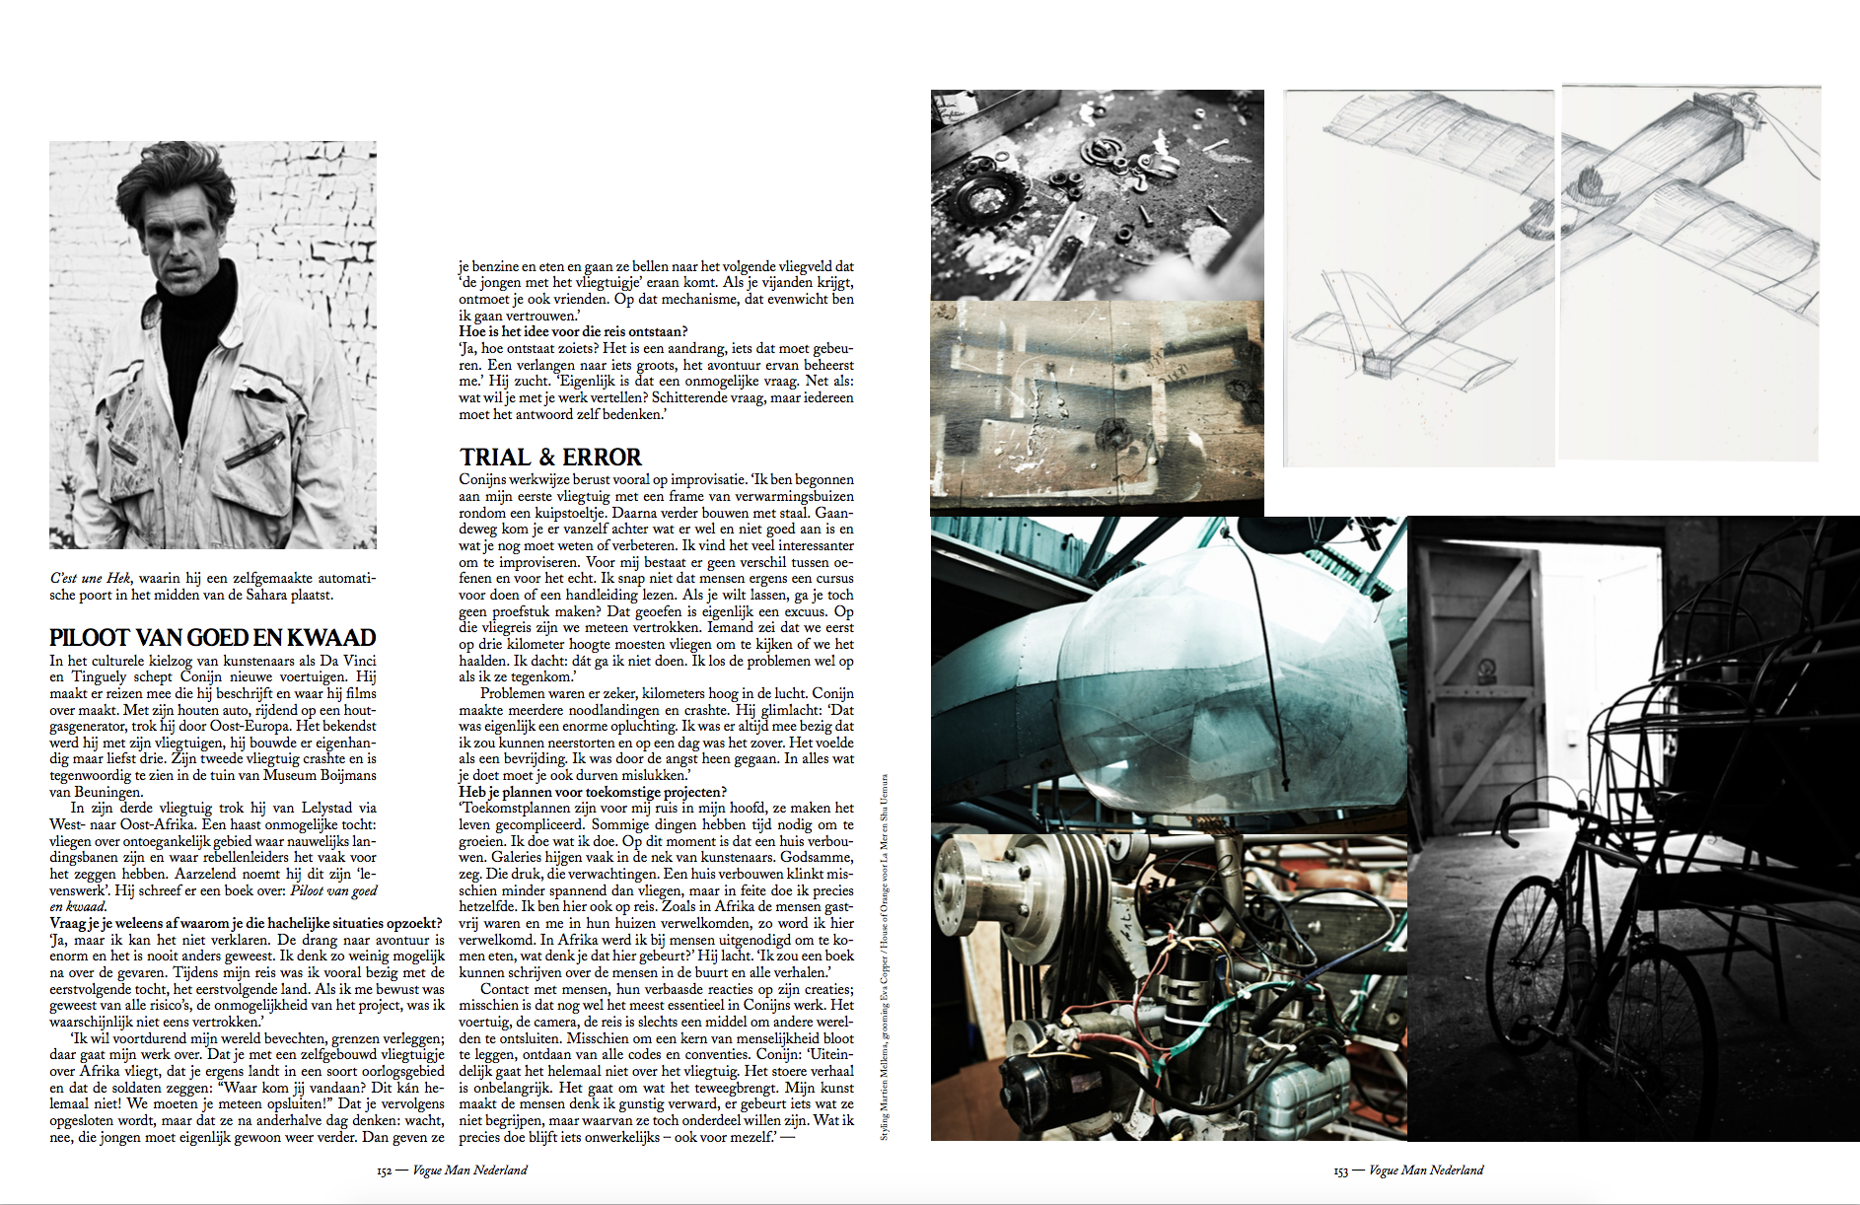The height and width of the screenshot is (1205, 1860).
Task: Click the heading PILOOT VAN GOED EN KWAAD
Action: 213,637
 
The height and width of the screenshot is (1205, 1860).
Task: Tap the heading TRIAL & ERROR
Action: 550,457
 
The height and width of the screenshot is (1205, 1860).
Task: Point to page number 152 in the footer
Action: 384,1170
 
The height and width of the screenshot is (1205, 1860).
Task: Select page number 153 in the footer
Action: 1340,1170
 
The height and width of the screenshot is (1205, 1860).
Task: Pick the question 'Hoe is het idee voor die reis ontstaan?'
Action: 573,331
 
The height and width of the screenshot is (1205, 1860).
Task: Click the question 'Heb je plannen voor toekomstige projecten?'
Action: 592,792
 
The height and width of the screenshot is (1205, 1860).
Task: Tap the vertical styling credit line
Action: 884,957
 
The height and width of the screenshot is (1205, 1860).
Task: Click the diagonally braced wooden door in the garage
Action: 1479,671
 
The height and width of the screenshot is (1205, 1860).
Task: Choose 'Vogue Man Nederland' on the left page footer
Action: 469,1170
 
